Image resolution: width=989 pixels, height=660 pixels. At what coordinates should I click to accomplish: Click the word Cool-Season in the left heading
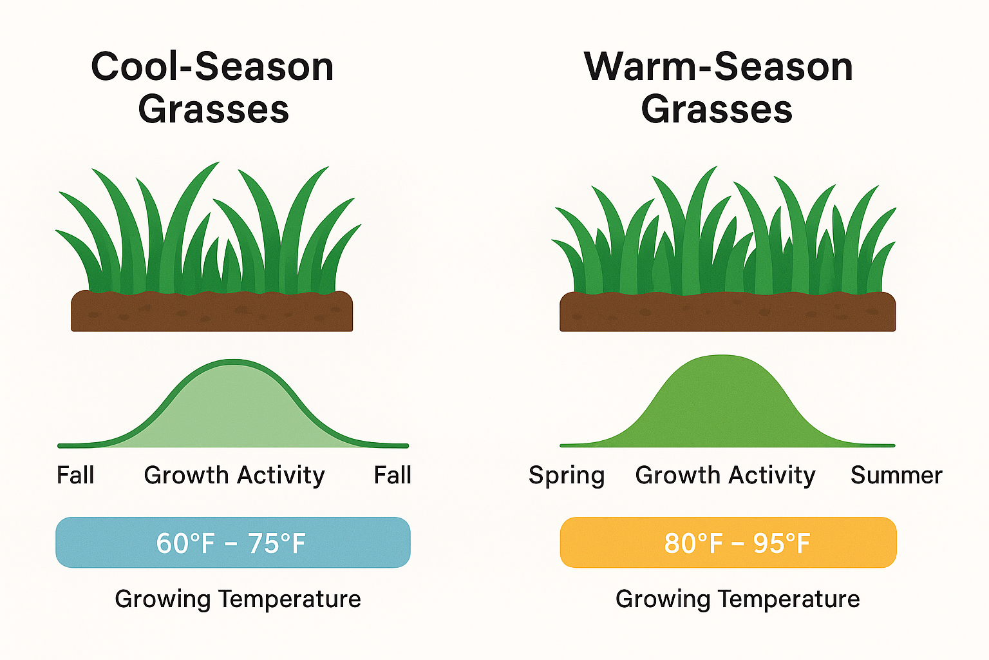[212, 67]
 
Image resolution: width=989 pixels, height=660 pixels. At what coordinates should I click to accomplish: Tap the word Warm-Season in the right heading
[718, 67]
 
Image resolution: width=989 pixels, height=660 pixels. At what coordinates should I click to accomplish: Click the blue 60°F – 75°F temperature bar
[232, 543]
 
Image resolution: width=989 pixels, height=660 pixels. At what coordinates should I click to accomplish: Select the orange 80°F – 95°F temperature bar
[728, 543]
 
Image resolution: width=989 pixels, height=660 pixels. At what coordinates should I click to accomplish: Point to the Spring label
[567, 476]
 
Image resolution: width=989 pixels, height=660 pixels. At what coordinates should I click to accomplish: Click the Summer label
[896, 476]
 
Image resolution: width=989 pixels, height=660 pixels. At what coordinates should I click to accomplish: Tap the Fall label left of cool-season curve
[75, 476]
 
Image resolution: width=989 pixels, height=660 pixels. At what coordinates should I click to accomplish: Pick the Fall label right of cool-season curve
[392, 476]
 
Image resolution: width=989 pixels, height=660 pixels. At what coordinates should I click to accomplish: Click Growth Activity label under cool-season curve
[234, 476]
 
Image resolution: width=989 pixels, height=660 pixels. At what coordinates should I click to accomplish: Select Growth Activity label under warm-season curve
[725, 476]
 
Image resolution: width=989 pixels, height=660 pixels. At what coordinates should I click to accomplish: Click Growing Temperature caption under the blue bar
[238, 599]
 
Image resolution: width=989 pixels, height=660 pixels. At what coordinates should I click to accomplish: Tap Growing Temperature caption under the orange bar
[737, 599]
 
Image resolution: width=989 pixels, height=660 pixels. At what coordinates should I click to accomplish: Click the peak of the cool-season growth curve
[233, 362]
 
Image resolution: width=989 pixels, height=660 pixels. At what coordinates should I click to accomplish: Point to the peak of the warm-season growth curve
[722, 356]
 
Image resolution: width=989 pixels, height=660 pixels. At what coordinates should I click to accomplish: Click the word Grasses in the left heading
[213, 110]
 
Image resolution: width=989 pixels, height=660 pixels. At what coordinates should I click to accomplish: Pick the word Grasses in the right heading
[717, 110]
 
